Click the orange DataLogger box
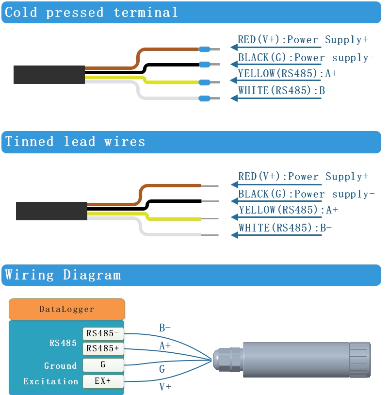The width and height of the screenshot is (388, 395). [66, 309]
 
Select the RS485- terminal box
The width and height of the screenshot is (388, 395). [103, 333]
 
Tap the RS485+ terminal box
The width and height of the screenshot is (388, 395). [103, 348]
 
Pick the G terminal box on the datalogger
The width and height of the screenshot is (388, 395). [103, 365]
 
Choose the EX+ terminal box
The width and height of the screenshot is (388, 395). [103, 381]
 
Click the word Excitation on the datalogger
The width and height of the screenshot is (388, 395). [50, 381]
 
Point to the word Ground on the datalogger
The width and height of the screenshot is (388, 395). [60, 366]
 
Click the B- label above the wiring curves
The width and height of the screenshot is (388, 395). [165, 328]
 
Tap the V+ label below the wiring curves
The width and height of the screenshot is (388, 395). [165, 387]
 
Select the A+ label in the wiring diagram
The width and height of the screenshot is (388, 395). [165, 346]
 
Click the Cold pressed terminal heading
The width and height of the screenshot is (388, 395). [91, 12]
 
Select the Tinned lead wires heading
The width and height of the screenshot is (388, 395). [75, 142]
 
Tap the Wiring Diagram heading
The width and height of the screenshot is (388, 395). [63, 275]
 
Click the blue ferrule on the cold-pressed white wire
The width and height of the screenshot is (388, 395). [205, 99]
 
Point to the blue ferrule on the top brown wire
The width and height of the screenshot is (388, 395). [205, 49]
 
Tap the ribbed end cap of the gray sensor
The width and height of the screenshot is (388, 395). [360, 360]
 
